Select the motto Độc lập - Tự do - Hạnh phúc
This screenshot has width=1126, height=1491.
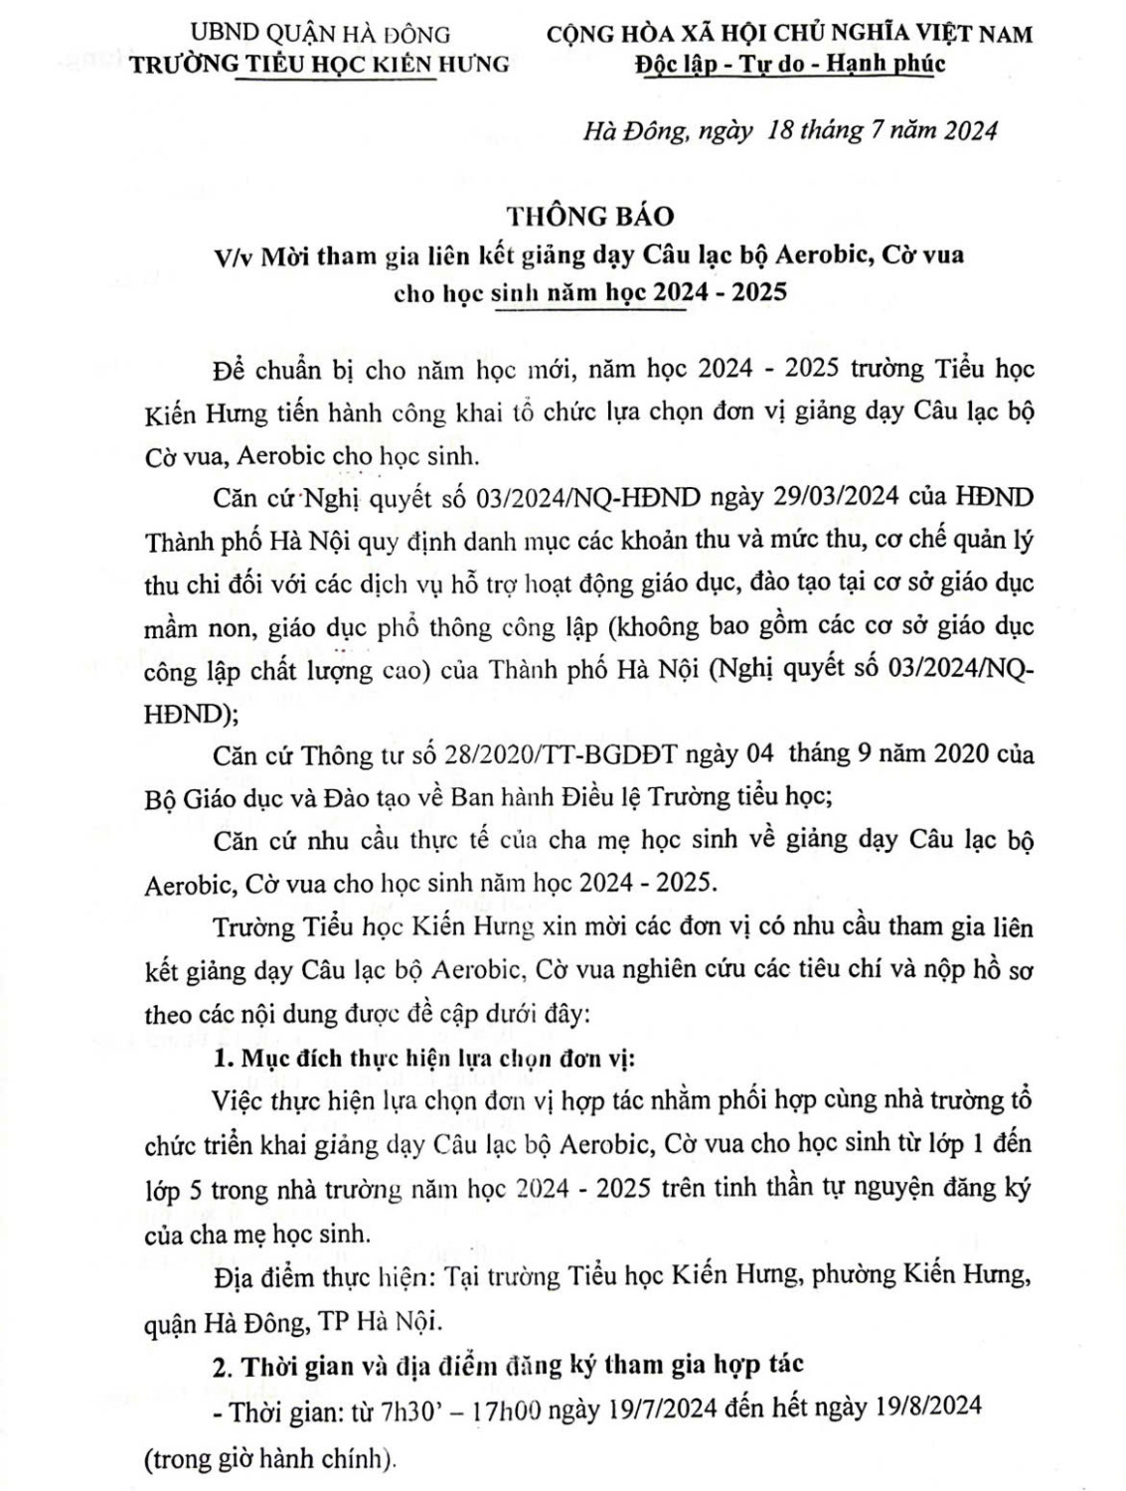789,64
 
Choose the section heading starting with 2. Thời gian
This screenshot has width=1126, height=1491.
508,1365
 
